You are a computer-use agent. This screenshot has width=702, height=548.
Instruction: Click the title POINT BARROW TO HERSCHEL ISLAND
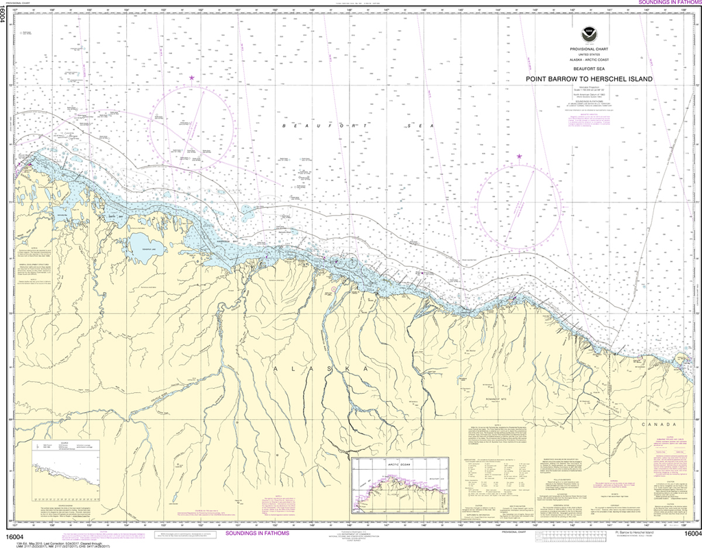[x=589, y=78]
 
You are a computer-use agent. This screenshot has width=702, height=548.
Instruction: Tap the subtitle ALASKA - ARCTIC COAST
[x=589, y=60]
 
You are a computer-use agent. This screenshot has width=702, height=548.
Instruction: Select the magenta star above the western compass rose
[x=192, y=78]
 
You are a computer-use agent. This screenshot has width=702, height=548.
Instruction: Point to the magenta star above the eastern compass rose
[x=519, y=157]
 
